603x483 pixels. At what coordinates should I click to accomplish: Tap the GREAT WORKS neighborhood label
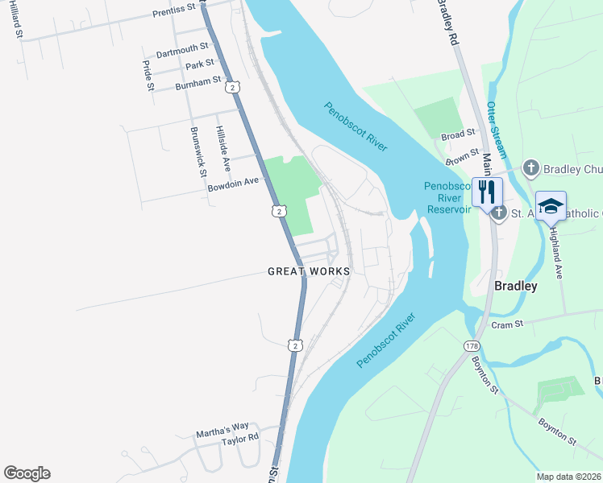pos(309,271)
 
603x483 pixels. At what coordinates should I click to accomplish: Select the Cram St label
pos(508,324)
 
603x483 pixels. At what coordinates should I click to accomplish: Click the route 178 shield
pos(472,345)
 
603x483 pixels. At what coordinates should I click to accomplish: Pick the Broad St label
pos(459,135)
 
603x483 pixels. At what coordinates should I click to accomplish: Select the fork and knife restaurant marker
pos(487,192)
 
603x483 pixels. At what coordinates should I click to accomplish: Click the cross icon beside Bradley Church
pos(530,168)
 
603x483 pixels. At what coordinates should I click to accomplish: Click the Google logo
pos(27,473)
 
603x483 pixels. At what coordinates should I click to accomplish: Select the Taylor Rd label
pos(240,439)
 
